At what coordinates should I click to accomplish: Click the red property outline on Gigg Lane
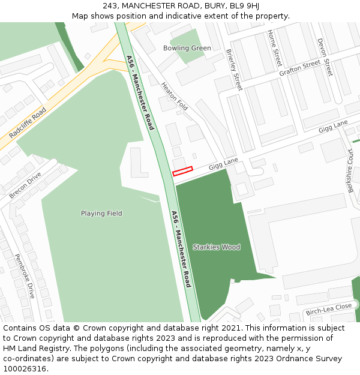182,171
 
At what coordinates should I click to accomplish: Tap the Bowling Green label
187,48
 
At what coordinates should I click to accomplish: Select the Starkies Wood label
216,247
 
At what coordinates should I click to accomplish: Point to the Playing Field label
101,214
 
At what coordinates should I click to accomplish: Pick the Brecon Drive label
26,185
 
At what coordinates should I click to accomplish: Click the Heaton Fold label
175,97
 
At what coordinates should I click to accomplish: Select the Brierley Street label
235,70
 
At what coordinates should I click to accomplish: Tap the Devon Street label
324,57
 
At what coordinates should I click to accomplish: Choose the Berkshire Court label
350,171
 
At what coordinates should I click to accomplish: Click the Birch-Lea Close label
328,310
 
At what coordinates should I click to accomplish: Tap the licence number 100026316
25,369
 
